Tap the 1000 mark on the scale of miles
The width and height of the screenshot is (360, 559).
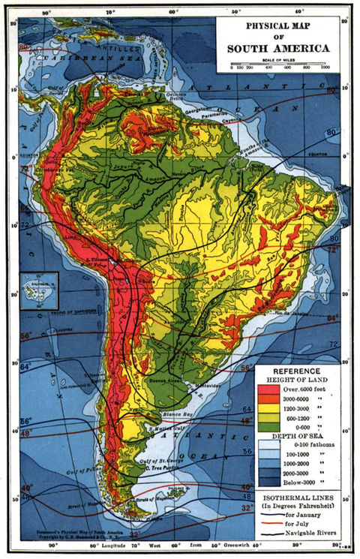coord(325,68)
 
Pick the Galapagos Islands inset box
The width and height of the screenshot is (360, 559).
coord(39,290)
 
